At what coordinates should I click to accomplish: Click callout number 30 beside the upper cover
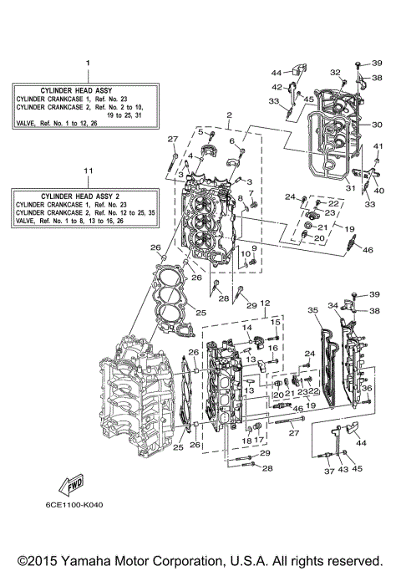pos(377,125)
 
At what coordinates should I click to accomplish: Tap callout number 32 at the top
pos(334,72)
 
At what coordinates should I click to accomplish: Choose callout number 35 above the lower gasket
pos(314,310)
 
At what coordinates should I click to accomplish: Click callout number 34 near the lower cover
pos(332,305)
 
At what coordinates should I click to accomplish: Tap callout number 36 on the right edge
pos(367,388)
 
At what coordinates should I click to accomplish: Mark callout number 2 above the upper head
pos(227,115)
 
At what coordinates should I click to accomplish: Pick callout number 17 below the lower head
pos(258,441)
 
